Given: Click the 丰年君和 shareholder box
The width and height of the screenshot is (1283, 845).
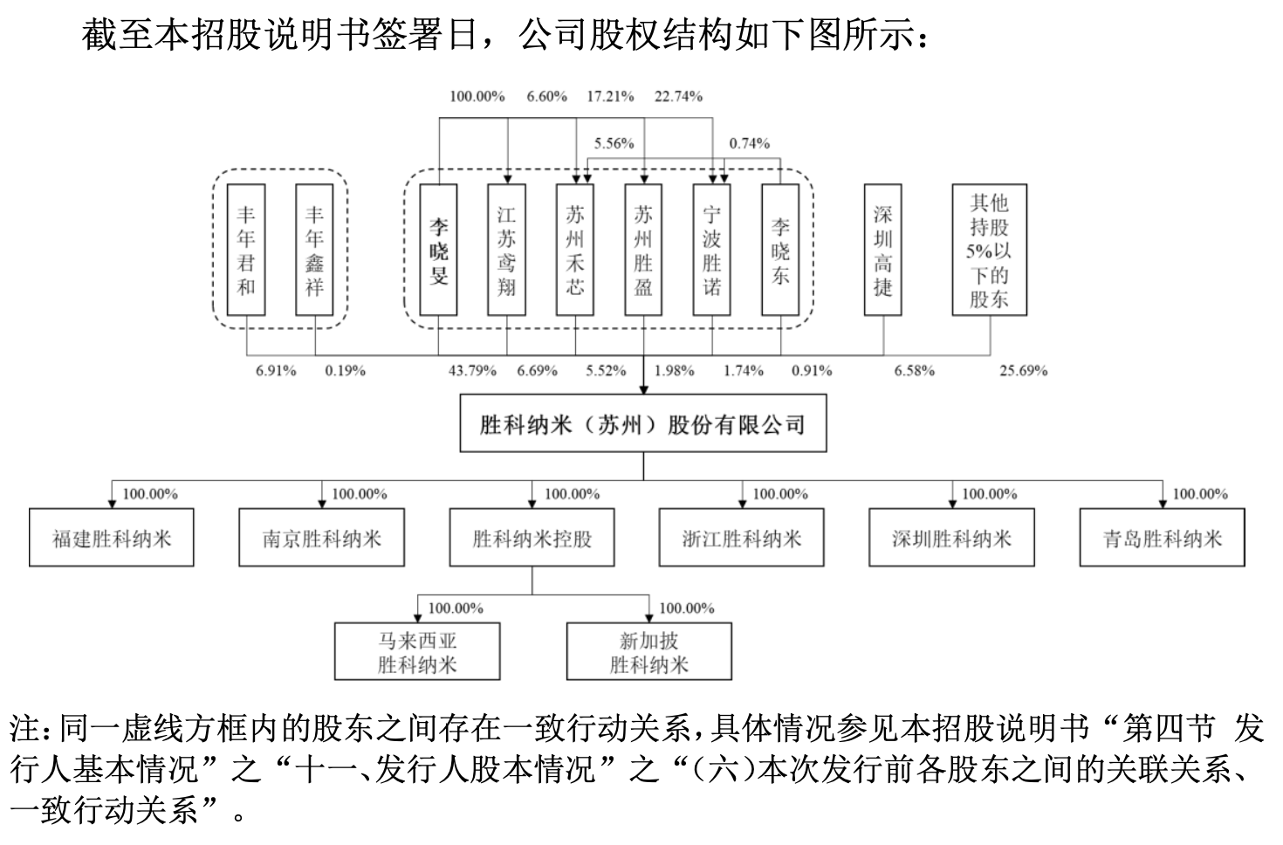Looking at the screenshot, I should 246,250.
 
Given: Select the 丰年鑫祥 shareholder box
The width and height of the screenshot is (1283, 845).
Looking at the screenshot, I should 314,250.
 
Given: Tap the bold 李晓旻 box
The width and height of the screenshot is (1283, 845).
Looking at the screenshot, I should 438,250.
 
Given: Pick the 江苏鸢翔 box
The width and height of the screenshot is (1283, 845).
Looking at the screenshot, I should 507,250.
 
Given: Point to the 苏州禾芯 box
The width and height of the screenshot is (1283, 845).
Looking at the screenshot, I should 575,250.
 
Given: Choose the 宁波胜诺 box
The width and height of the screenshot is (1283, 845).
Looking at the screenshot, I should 712,250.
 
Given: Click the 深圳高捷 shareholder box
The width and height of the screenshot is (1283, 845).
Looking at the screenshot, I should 883,250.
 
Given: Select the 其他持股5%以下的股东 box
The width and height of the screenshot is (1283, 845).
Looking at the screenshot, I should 989,250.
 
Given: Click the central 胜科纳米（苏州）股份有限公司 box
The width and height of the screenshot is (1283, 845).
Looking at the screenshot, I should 643,426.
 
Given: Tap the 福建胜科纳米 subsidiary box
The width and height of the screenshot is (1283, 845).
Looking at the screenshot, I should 111,539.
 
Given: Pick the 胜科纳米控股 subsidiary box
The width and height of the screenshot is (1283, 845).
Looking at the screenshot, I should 532,539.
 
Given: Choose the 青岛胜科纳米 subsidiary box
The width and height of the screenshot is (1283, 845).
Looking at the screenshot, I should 1163,539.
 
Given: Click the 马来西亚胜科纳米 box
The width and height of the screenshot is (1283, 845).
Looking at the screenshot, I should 417,652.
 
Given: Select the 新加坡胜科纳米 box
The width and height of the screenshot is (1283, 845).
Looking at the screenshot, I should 649,652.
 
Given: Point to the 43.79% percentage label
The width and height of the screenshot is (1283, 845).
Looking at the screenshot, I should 472,371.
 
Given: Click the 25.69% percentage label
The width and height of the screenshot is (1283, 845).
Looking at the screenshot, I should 1023,371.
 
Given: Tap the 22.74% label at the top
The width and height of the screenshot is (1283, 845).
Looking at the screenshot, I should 678,97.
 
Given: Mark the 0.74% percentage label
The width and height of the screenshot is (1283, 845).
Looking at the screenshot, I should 749,143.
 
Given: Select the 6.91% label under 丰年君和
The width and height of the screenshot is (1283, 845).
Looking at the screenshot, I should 276,371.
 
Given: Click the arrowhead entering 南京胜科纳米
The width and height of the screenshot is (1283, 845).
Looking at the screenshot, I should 322,504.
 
